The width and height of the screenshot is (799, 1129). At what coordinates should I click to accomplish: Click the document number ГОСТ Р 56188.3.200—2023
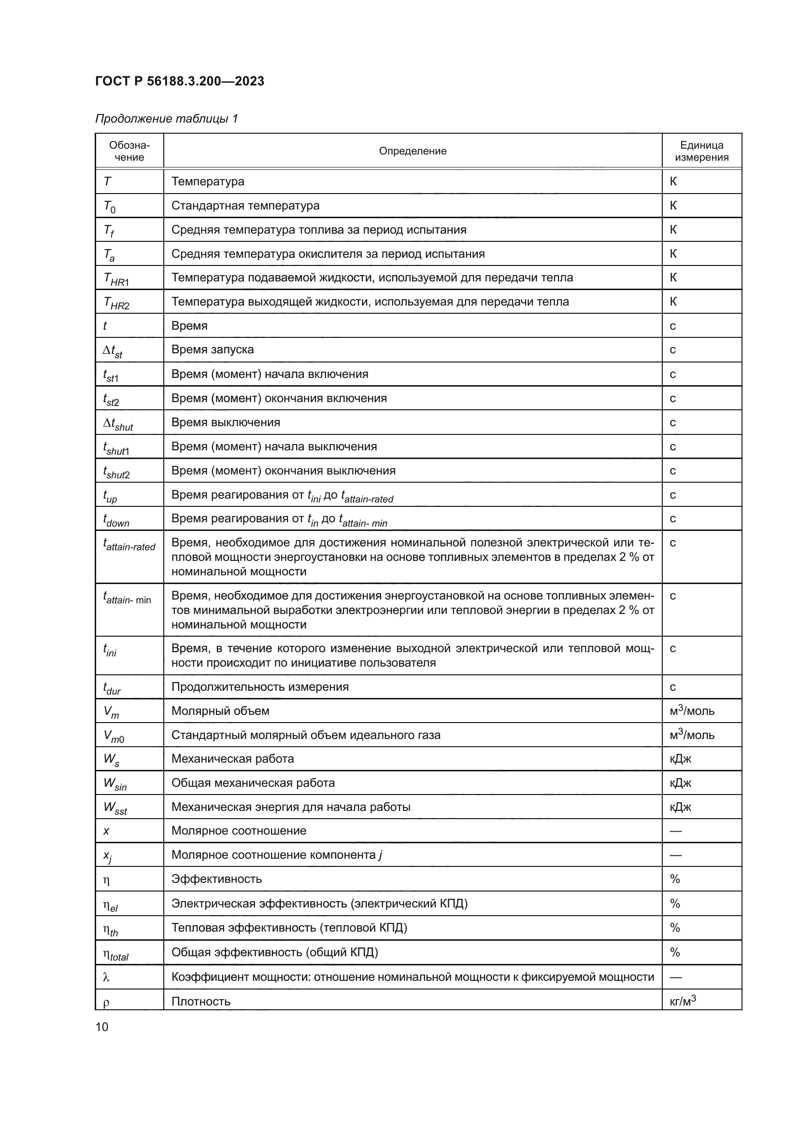pos(180,81)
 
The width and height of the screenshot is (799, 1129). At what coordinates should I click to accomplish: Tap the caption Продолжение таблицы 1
pos(166,119)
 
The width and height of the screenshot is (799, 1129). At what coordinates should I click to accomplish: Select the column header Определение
pos(412,151)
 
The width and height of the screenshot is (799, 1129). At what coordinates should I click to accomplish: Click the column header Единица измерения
pos(701,151)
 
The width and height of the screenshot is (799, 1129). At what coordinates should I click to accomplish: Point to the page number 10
pos(102,1027)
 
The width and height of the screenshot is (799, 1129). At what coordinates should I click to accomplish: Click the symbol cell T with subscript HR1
pos(116,279)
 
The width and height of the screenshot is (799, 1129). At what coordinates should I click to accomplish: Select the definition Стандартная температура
pos(245,206)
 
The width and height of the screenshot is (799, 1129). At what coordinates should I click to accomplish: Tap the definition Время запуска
pos(212,349)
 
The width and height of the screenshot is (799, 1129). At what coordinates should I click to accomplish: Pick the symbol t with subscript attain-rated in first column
pos(129,544)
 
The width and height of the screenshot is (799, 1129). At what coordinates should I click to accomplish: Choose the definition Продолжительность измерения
pos(260,687)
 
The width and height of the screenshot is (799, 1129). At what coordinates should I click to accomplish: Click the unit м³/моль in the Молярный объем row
pos(692,711)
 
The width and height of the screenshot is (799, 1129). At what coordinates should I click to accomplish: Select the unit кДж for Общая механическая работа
pos(681,783)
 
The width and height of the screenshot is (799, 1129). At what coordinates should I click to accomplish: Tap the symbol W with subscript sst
pos(115,808)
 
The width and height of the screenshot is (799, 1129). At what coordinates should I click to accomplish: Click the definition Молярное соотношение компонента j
pos(276,855)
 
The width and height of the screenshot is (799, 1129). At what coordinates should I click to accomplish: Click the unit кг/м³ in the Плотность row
pos(683,1001)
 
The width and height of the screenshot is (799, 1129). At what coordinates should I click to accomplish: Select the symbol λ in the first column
pos(106,977)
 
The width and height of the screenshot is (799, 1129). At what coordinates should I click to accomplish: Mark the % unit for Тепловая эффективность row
pos(674,928)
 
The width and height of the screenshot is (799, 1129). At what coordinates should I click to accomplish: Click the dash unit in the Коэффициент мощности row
pos(675,977)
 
